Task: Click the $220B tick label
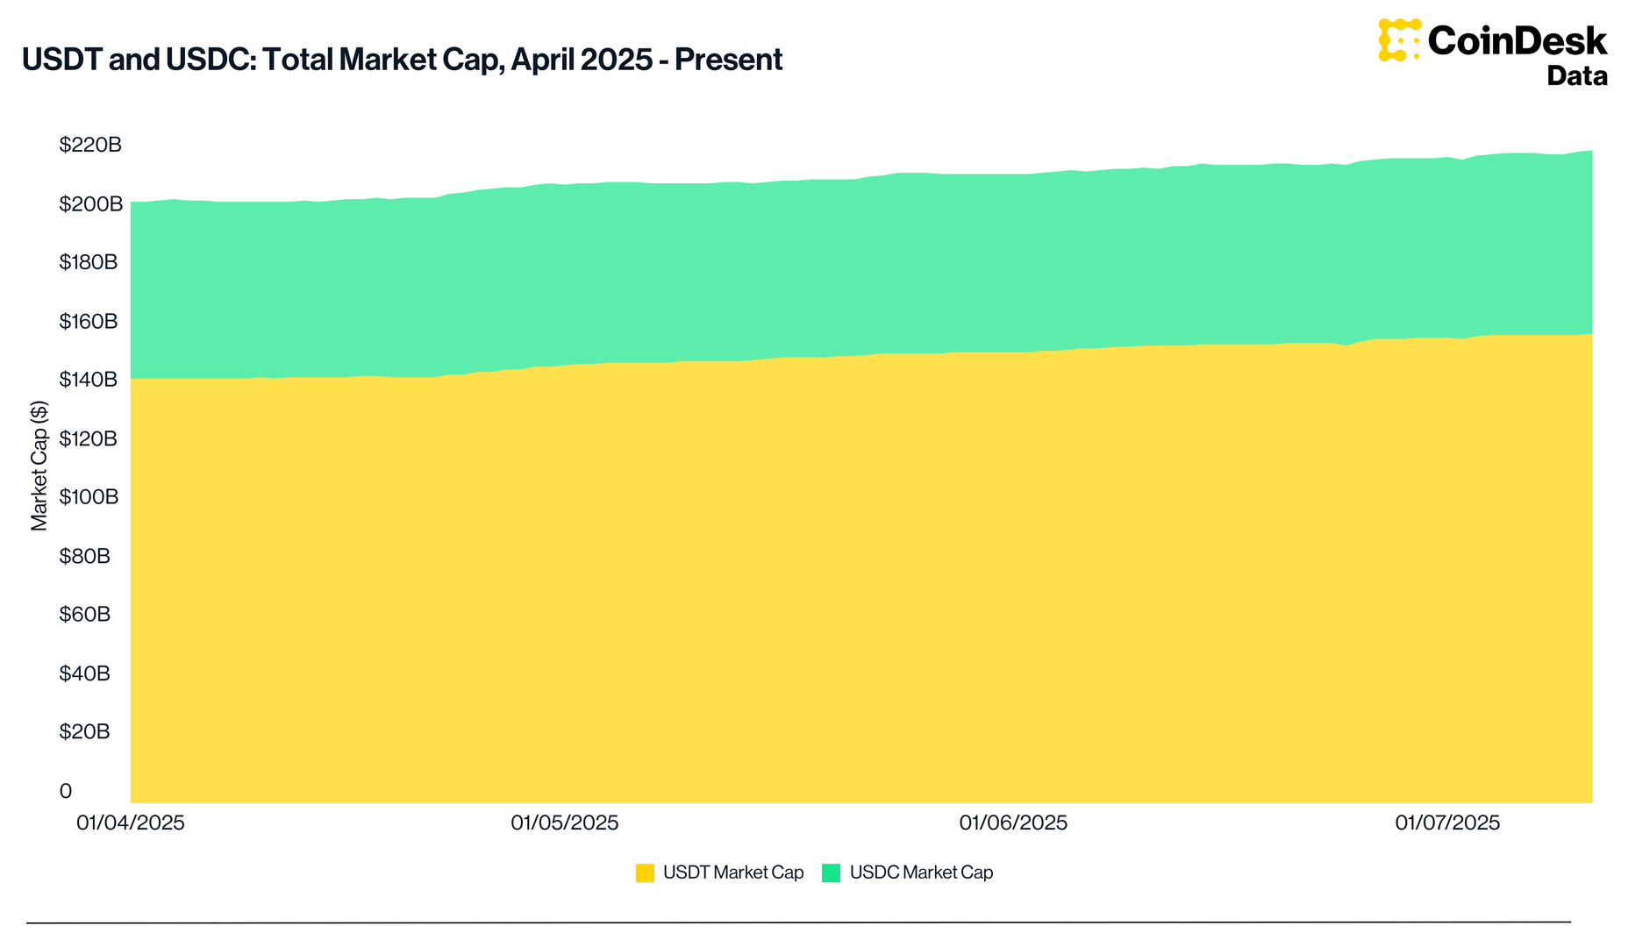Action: pyautogui.click(x=90, y=145)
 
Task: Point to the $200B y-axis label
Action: pyautogui.click(x=90, y=203)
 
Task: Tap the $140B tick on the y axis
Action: pyautogui.click(x=88, y=380)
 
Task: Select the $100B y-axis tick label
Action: pyautogui.click(x=88, y=497)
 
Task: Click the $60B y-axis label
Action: pyautogui.click(x=84, y=614)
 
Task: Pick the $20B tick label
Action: pyautogui.click(x=84, y=731)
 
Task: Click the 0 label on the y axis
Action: pyautogui.click(x=66, y=791)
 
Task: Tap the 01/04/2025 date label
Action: pyautogui.click(x=131, y=822)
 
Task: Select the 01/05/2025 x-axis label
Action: pyautogui.click(x=565, y=822)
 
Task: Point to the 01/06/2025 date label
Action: pyautogui.click(x=1013, y=822)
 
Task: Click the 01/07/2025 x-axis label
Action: pyautogui.click(x=1447, y=822)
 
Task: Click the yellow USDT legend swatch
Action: pyautogui.click(x=645, y=872)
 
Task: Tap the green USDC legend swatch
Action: pyautogui.click(x=831, y=872)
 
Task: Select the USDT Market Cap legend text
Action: pyautogui.click(x=733, y=872)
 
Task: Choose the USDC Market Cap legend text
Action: pyautogui.click(x=921, y=872)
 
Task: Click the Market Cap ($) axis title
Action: pyautogui.click(x=39, y=466)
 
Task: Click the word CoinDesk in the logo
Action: pyautogui.click(x=1517, y=41)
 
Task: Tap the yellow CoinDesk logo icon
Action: pyautogui.click(x=1399, y=40)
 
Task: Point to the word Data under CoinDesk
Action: pyautogui.click(x=1577, y=76)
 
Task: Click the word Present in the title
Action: pyautogui.click(x=728, y=60)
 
